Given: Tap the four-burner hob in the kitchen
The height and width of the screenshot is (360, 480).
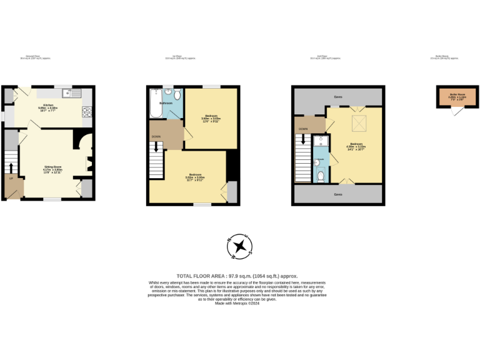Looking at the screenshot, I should pyautogui.click(x=86, y=112).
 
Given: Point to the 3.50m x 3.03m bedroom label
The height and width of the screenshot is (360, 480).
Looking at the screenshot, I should pyautogui.click(x=210, y=118).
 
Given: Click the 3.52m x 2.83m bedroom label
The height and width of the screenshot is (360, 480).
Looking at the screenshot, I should pyautogui.click(x=195, y=177).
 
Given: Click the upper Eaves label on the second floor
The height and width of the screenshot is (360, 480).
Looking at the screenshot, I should pyautogui.click(x=338, y=97).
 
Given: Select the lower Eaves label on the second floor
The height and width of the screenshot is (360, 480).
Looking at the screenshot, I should pyautogui.click(x=338, y=194).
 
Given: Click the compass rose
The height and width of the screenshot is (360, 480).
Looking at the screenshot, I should pyautogui.click(x=240, y=246).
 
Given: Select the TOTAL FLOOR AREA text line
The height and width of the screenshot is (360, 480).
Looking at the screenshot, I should pyautogui.click(x=237, y=276).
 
